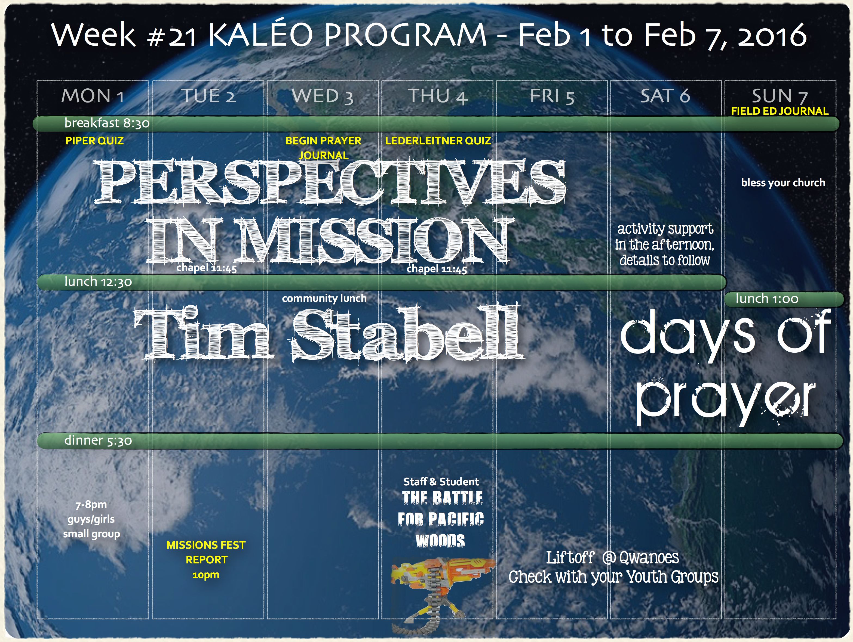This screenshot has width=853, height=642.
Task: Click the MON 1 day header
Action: (93, 95)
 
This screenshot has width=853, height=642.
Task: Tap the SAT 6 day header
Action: (665, 95)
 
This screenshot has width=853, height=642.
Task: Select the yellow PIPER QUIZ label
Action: (94, 141)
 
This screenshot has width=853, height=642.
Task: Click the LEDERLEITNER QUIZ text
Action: (438, 141)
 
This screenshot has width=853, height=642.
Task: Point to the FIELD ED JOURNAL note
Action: (780, 111)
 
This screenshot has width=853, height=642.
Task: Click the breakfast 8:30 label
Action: (107, 123)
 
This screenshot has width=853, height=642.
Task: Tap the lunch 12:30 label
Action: (98, 282)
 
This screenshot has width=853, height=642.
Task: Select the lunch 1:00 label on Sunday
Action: (767, 299)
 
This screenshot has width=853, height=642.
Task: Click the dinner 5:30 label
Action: (98, 440)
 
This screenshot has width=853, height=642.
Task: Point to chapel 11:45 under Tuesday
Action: (207, 268)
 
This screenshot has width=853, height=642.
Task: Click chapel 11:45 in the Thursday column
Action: (437, 269)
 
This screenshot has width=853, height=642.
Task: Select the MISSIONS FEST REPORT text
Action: (206, 552)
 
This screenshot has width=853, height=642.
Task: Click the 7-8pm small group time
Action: (91, 504)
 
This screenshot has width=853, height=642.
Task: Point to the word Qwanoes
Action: (649, 557)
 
